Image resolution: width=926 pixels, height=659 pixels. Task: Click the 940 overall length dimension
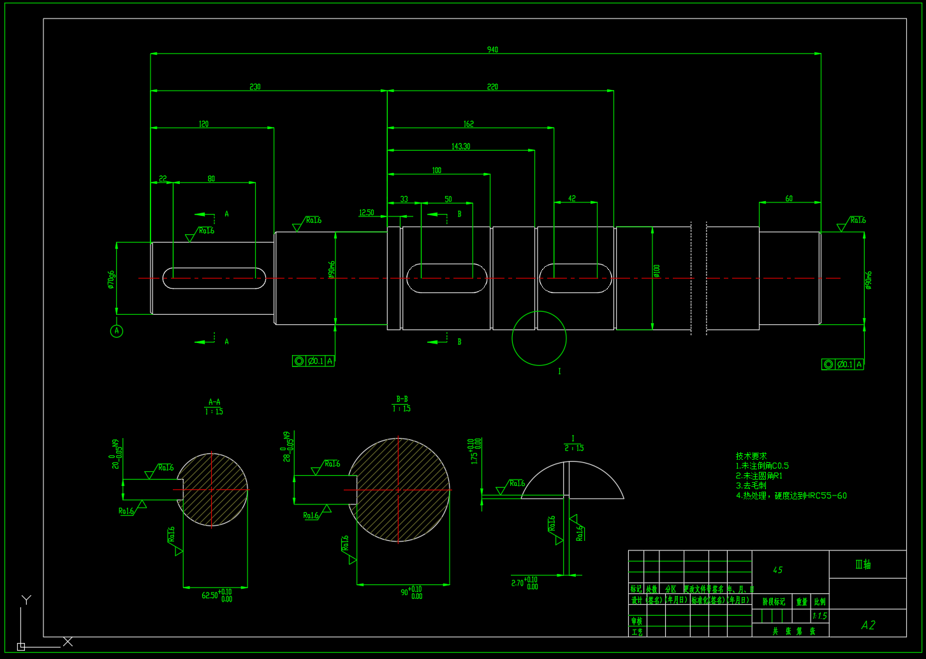coord(492,49)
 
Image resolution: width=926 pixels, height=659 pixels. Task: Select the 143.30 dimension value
coord(460,146)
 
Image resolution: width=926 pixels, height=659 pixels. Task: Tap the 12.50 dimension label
coord(367,213)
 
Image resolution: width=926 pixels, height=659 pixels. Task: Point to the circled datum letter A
coord(117,331)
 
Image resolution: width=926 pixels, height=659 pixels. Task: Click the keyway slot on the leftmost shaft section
coord(214,278)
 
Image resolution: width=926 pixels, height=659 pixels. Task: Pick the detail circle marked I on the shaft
coord(539,338)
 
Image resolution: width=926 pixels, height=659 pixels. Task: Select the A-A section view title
coord(214,402)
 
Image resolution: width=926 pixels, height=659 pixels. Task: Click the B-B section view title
coord(402,399)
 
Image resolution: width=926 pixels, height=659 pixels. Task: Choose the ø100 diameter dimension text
coord(657,271)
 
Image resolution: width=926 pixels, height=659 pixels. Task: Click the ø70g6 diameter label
coord(111,279)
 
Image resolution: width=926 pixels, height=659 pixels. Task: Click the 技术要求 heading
coord(751,456)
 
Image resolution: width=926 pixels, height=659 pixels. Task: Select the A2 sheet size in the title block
coord(868,625)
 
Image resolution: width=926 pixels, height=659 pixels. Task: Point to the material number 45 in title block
coord(777,570)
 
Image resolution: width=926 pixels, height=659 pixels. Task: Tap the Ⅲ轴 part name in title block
coord(863,564)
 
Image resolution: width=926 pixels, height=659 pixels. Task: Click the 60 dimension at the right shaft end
coord(789,199)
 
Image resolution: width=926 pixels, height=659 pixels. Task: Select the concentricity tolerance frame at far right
coord(843,365)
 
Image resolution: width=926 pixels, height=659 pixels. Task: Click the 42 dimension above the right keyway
coord(572,199)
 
